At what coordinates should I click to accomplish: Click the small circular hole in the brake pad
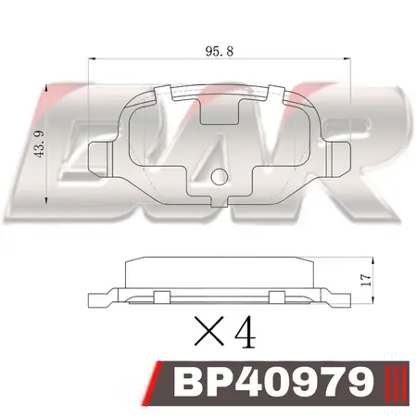tap(218, 177)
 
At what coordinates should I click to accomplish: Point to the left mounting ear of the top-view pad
tap(97, 157)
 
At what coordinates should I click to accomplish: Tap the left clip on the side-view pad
tap(158, 296)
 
